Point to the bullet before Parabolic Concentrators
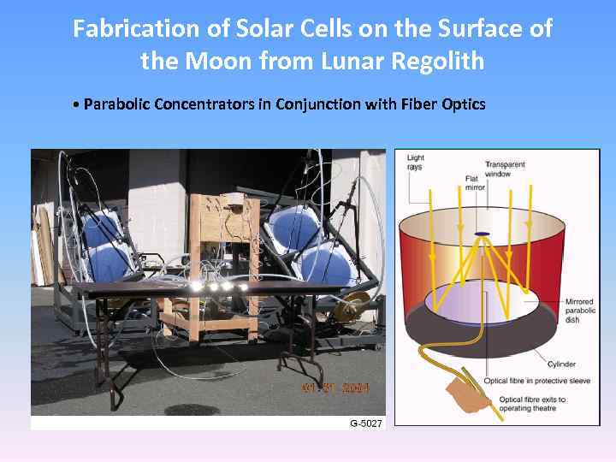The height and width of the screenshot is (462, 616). click(x=77, y=105)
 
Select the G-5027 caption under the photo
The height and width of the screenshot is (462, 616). click(x=366, y=423)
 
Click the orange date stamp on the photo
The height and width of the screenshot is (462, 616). click(x=335, y=388)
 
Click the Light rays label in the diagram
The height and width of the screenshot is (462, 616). click(x=415, y=162)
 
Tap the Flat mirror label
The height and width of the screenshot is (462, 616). click(x=471, y=182)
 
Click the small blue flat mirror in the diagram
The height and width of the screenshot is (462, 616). click(x=483, y=234)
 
